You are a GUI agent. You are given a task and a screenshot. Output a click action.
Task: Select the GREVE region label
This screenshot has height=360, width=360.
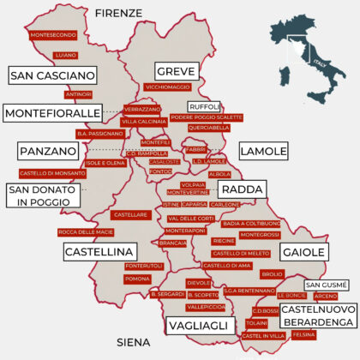point(176,71)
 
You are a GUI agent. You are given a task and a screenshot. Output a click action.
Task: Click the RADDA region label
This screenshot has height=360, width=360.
point(242,189)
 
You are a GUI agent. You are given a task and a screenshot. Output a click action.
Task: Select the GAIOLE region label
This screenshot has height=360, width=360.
point(303,252)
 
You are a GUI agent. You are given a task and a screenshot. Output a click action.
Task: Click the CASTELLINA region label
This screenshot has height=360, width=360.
point(100,251)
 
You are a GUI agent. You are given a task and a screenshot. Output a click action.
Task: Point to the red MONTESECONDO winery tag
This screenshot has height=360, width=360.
point(52,35)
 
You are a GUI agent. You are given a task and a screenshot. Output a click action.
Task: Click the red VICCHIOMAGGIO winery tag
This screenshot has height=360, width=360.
point(168,87)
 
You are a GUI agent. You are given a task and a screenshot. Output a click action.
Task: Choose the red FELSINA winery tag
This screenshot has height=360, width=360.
point(304,335)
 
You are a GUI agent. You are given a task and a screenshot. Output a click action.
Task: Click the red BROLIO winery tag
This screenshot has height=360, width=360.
point(272,273)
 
